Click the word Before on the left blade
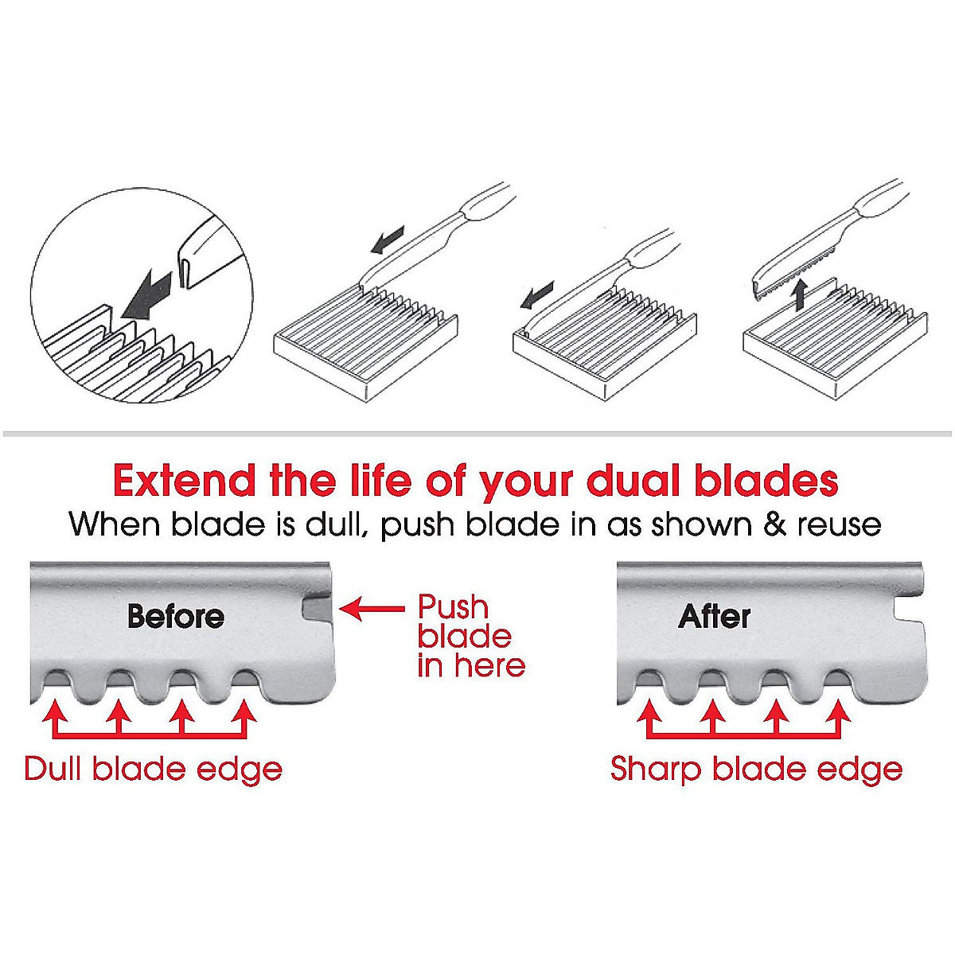[x=175, y=617]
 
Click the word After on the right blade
[x=714, y=617]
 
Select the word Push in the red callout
[x=453, y=607]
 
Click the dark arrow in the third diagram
[x=535, y=298]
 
